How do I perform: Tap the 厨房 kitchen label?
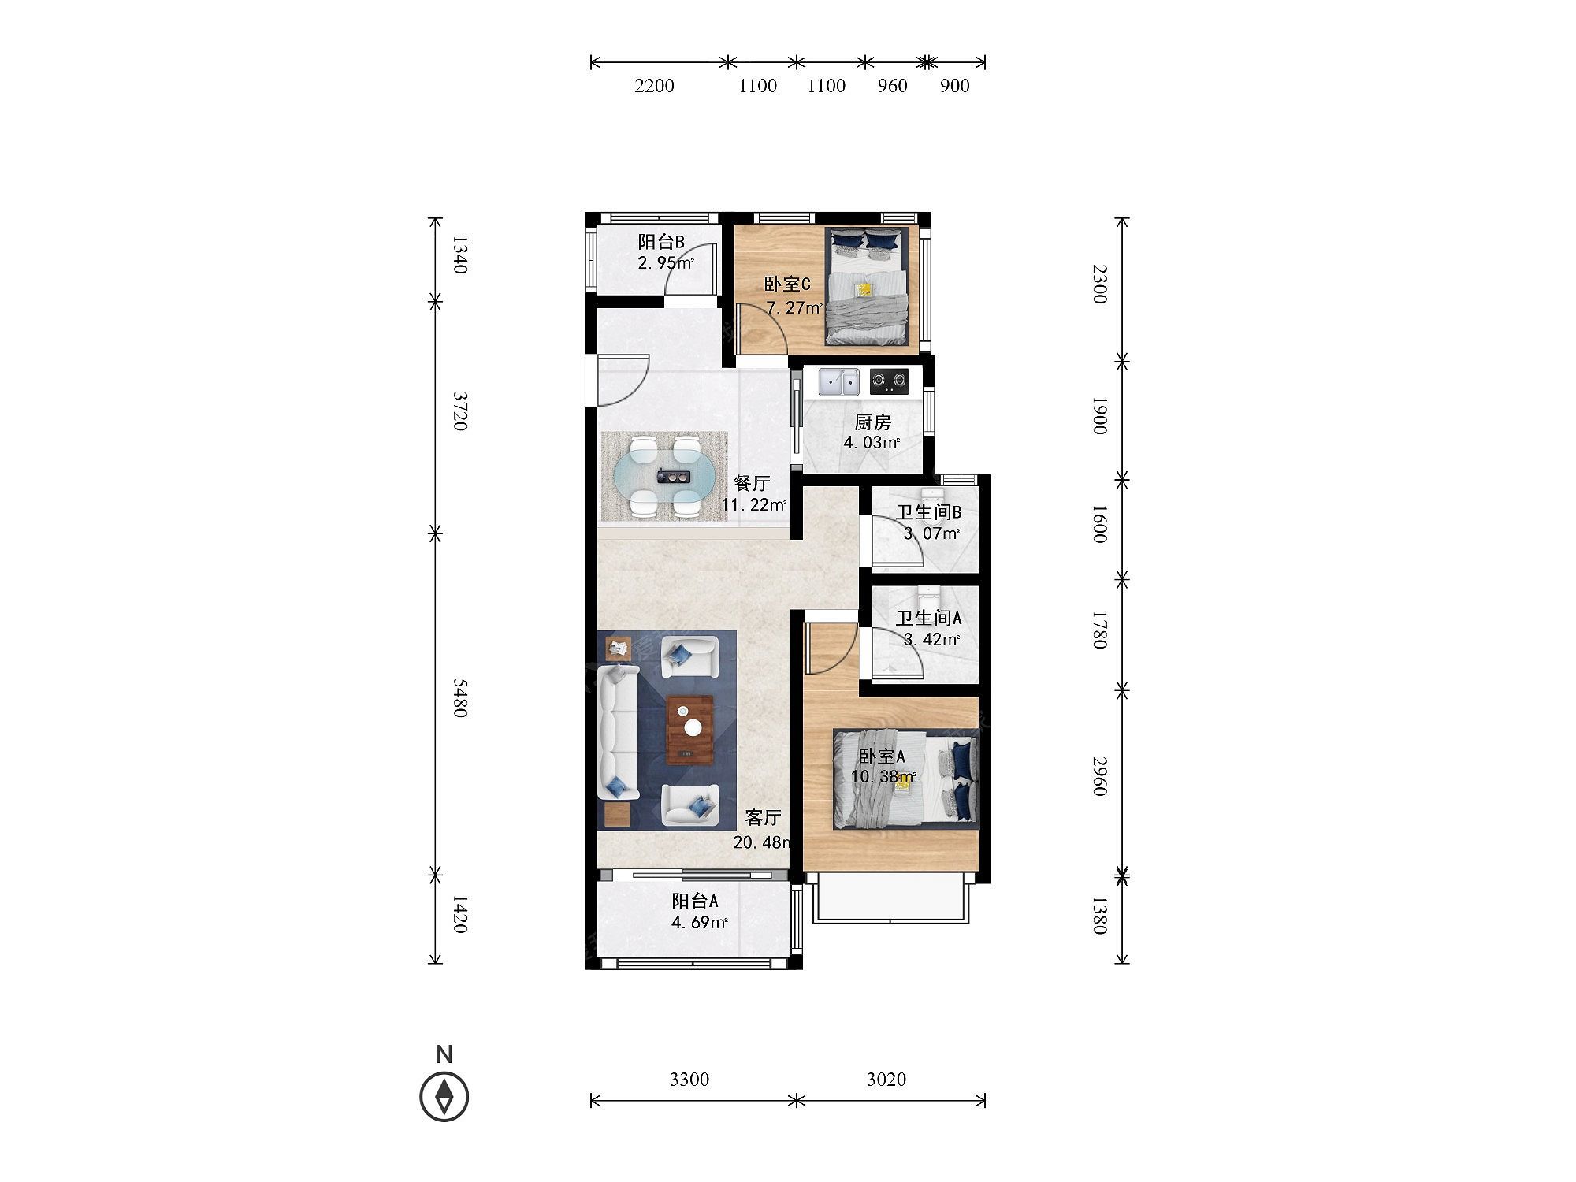[872, 423]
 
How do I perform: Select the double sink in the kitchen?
[838, 382]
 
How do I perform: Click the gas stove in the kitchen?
[889, 382]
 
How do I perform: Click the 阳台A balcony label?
[694, 901]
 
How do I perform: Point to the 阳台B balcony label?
[661, 242]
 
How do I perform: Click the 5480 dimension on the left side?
[461, 698]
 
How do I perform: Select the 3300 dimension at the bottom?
[689, 1079]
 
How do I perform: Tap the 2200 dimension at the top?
[655, 86]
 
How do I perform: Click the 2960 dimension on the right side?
[1100, 776]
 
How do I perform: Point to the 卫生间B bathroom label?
[928, 513]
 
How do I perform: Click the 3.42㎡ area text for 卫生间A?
[931, 639]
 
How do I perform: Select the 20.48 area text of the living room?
[761, 842]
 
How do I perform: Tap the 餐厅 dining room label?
[751, 484]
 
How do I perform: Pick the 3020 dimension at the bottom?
[886, 1079]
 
